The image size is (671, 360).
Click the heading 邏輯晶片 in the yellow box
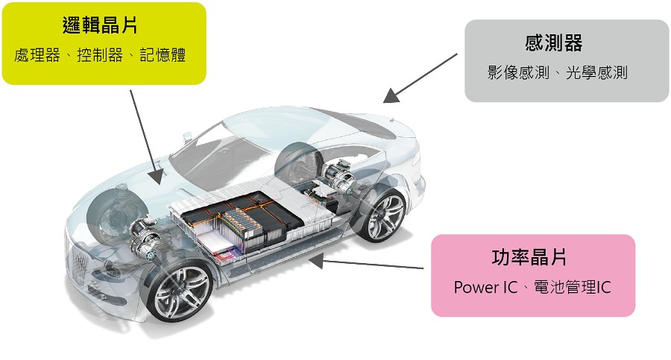coord(100,25)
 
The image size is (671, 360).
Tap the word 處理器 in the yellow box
coord(37,55)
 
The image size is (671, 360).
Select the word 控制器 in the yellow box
coord(100,55)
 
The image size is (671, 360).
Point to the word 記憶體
coord(163,55)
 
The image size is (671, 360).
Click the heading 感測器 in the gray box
coord(554,42)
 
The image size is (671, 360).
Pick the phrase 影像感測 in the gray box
coord(518,72)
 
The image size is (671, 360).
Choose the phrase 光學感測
coord(596,72)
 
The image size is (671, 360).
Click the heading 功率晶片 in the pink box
coord(529,258)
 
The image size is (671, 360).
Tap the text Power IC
coord(485,287)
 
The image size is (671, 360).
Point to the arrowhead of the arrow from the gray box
coord(390,96)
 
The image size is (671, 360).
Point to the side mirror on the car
coord(187,137)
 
